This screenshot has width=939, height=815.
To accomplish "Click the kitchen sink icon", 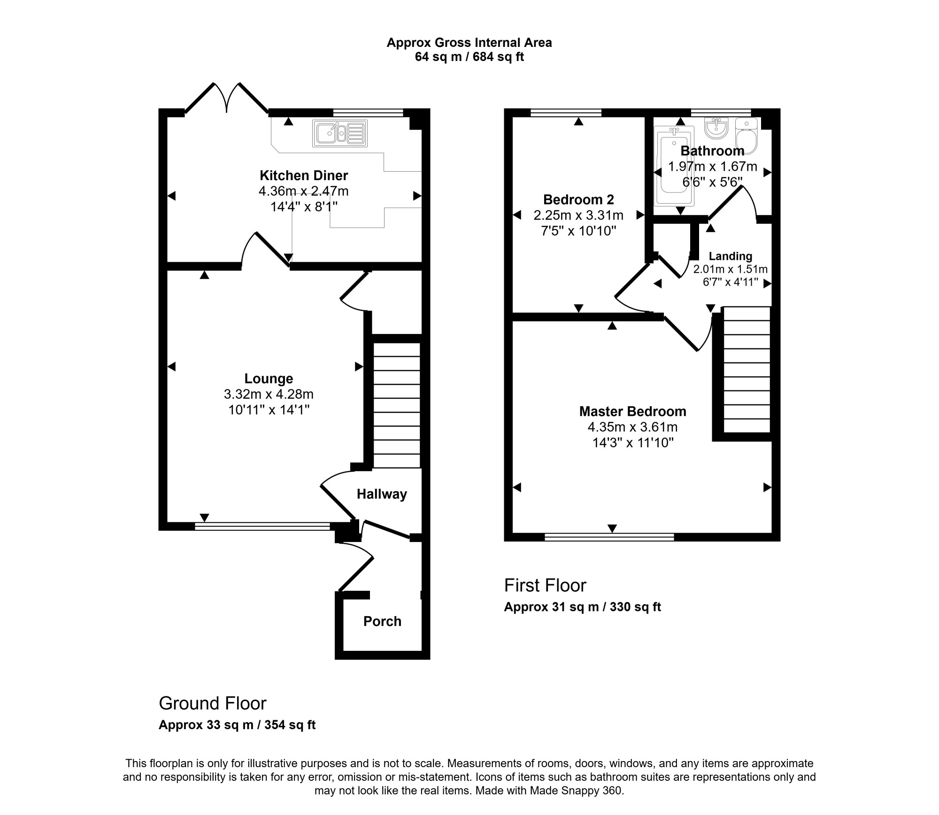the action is tap(339, 133).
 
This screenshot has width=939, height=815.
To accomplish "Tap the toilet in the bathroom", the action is tap(747, 136).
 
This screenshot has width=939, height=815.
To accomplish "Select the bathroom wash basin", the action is tap(716, 128).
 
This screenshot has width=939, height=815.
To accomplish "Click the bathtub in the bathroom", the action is tap(674, 166).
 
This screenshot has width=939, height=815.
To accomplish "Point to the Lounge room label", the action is tap(269, 379).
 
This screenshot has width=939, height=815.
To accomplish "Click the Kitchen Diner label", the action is tap(304, 175).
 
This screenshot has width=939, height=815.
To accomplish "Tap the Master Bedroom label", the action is tap(632, 411).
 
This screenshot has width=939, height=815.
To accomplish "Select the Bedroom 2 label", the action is tap(578, 200).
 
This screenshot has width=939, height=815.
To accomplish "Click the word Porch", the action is tap(382, 621).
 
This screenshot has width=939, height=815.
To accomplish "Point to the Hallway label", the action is tap(382, 494).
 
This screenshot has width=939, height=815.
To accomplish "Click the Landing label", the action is tap(730, 256).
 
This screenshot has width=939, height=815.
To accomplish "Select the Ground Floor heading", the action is tap(213, 703).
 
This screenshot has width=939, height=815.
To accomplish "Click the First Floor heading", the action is tap(545, 586).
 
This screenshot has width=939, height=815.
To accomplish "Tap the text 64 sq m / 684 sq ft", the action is tap(469, 57).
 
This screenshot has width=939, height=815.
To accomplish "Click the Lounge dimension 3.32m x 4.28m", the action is tap(269, 394).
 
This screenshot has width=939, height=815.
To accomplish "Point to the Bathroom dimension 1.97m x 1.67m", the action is tap(712, 167).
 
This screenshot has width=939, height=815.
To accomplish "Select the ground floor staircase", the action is tap(396, 405).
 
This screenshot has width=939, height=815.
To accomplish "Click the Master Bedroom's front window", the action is tap(609, 537).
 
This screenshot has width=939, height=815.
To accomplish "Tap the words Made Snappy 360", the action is tap(576, 791).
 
